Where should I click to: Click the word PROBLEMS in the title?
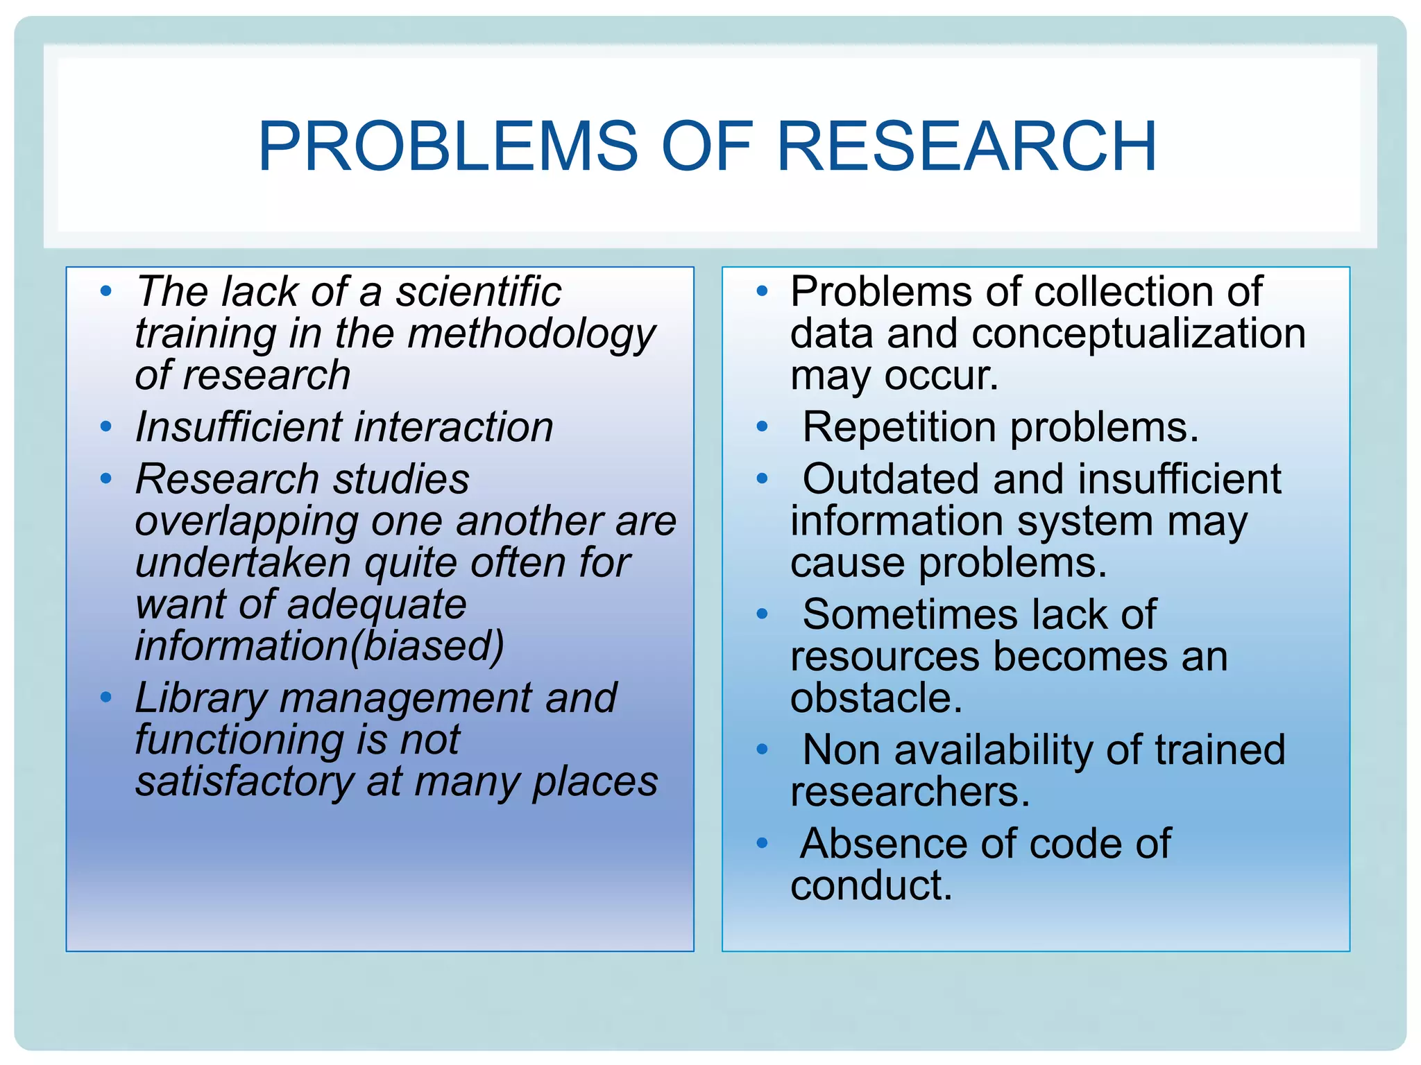pyautogui.click(x=448, y=146)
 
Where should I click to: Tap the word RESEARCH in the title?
pyautogui.click(x=967, y=146)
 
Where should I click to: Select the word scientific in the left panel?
pyautogui.click(x=478, y=291)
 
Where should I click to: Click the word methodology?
pyautogui.click(x=531, y=334)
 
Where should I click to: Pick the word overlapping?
pyautogui.click(x=246, y=522)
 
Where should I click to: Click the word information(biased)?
pyautogui.click(x=319, y=646)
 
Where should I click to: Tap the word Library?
pyautogui.click(x=201, y=698)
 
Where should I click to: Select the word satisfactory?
pyautogui.click(x=244, y=782)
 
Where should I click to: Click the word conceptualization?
pyautogui.click(x=1139, y=334)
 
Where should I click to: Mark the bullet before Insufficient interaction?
pyautogui.click(x=105, y=426)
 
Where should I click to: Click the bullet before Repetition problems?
pyautogui.click(x=762, y=426)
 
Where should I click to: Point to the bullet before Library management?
pyautogui.click(x=105, y=697)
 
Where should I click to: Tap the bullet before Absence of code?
pyautogui.click(x=762, y=843)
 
